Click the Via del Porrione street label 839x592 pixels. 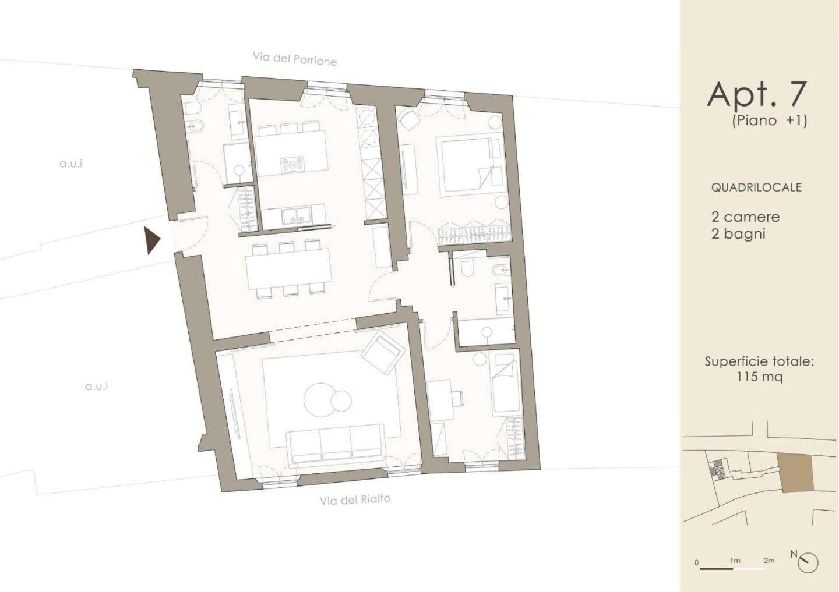tap(295, 59)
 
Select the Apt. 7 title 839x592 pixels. tap(756, 95)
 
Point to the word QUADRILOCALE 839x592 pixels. tap(756, 187)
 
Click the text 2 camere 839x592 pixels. tap(746, 217)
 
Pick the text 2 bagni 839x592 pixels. tap(738, 234)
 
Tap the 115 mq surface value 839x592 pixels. tap(760, 377)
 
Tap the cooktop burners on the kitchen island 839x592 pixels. tap(292, 165)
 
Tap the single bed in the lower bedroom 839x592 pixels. tap(505, 384)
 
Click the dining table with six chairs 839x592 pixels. tap(289, 270)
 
